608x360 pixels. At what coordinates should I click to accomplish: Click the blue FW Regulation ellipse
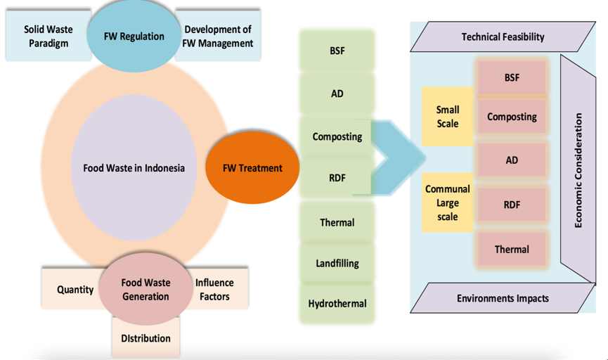[134, 37]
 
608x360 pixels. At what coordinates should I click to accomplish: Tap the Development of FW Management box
[218, 37]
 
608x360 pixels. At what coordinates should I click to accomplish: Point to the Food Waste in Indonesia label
[134, 168]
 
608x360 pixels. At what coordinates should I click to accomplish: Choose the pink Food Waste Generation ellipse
[145, 289]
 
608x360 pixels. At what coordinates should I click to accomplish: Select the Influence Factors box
[215, 289]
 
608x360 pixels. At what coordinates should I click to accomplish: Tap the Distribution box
[145, 337]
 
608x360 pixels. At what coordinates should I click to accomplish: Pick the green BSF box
[337, 51]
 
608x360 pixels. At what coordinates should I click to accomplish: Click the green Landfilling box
[337, 263]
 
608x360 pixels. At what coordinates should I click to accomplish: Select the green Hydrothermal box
[337, 304]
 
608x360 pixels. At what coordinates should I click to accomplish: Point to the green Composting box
[337, 136]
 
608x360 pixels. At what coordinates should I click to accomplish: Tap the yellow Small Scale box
[447, 117]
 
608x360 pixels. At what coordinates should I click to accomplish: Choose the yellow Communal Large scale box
[447, 203]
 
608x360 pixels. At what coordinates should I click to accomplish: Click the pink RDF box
[511, 205]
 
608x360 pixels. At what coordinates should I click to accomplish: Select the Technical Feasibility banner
[503, 37]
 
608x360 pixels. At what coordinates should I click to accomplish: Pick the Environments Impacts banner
[503, 298]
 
